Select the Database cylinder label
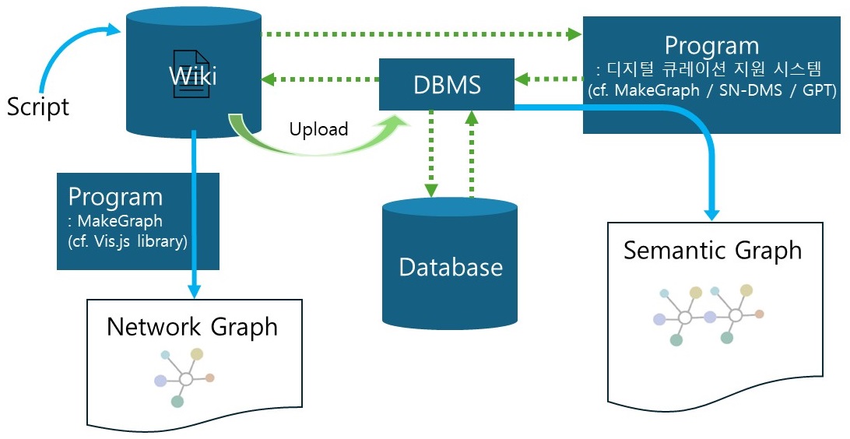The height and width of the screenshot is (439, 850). (x=451, y=268)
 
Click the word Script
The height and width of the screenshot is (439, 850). (x=38, y=107)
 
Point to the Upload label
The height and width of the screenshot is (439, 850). (x=318, y=128)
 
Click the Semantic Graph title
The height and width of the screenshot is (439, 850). (x=712, y=251)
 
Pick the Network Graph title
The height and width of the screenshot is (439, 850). (x=191, y=326)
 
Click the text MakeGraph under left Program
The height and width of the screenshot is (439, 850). (x=117, y=222)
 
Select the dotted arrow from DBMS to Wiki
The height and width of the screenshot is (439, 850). (x=319, y=79)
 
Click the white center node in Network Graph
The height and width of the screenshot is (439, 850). (x=185, y=379)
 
